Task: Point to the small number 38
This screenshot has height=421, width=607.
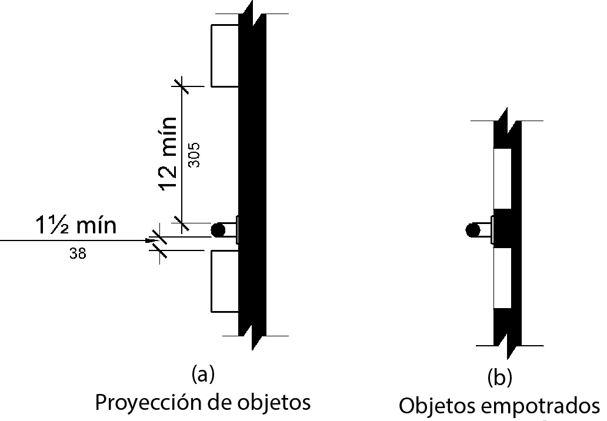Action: [76, 255]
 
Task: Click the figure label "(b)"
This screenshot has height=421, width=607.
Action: [500, 378]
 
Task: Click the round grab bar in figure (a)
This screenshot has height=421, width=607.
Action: [219, 230]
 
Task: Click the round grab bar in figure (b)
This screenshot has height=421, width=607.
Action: [472, 230]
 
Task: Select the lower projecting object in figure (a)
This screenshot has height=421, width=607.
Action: [225, 280]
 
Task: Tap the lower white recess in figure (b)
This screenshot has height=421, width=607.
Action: [502, 276]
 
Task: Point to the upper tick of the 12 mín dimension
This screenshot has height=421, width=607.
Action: [182, 86]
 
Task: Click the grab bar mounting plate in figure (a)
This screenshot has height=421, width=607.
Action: [238, 230]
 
